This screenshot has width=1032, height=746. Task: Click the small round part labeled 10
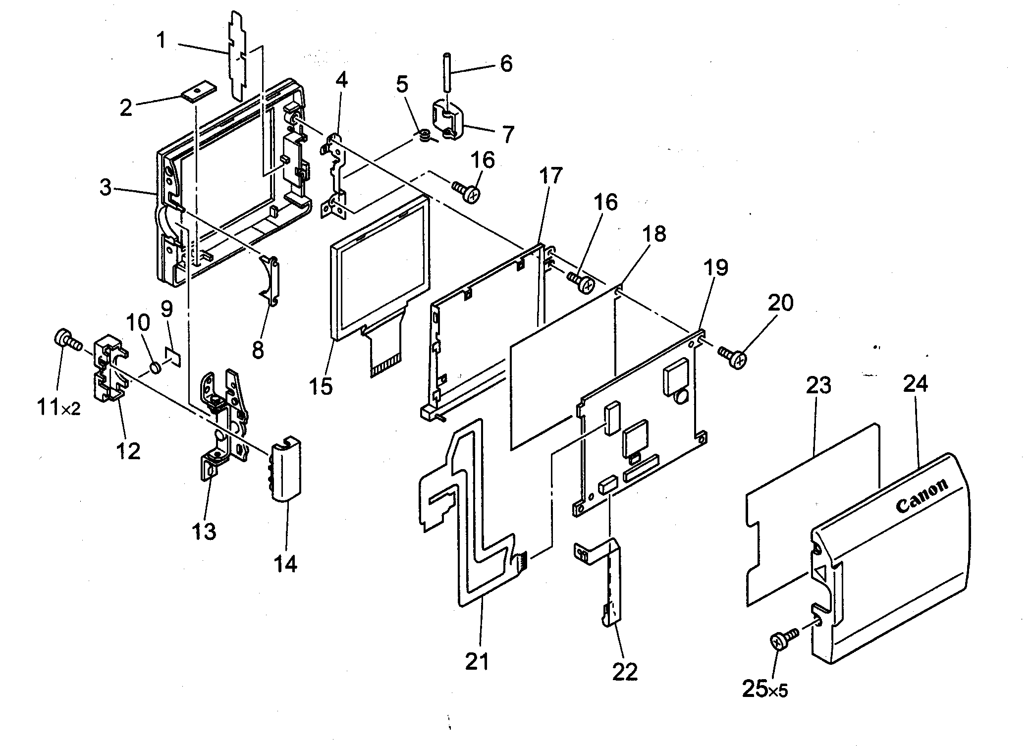coord(156,368)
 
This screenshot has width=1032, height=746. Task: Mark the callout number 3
coord(105,188)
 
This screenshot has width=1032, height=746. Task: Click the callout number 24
coord(915,384)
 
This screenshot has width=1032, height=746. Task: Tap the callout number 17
coord(551,175)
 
